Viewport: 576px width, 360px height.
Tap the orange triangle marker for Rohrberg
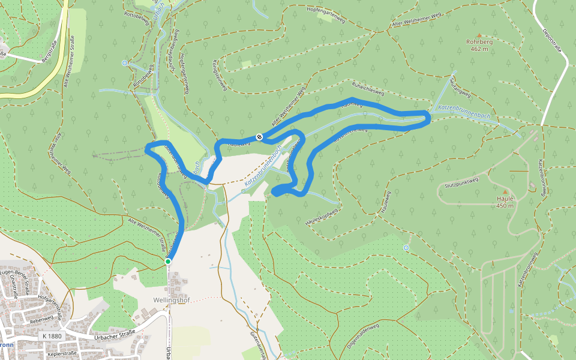point(478,35)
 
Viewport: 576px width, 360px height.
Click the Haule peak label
point(505,199)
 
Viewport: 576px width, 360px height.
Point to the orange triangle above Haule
point(505,191)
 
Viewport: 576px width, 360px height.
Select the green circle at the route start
point(168,262)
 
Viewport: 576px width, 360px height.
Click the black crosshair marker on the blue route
point(259,137)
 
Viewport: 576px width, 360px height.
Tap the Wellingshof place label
point(171,300)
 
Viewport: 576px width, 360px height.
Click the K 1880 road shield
point(53,337)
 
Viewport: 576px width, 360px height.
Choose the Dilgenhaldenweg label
point(364,336)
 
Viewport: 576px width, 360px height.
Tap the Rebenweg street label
point(41,319)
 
